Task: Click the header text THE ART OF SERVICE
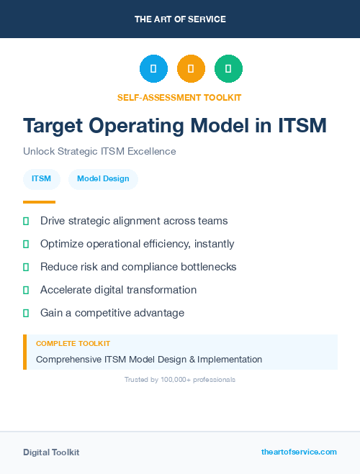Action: [x=180, y=19]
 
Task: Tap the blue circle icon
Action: [x=153, y=69]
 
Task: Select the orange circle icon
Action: [x=191, y=69]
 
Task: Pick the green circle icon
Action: [x=228, y=69]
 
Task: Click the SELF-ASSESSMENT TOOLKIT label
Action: [x=179, y=97]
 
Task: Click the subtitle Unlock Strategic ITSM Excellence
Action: [x=99, y=152]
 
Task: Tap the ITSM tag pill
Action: [x=41, y=178]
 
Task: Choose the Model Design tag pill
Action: [x=103, y=178]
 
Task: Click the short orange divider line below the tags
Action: [x=39, y=202]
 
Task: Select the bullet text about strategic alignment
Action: [x=134, y=221]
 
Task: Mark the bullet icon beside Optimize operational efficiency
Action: [x=26, y=244]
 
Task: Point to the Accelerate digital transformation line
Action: [x=118, y=290]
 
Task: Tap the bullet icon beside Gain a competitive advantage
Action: [x=26, y=313]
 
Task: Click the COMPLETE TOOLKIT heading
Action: [x=73, y=344]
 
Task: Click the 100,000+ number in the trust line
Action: [x=167, y=379]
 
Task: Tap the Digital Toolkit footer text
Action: [x=51, y=452]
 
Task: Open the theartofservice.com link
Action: [x=299, y=452]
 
